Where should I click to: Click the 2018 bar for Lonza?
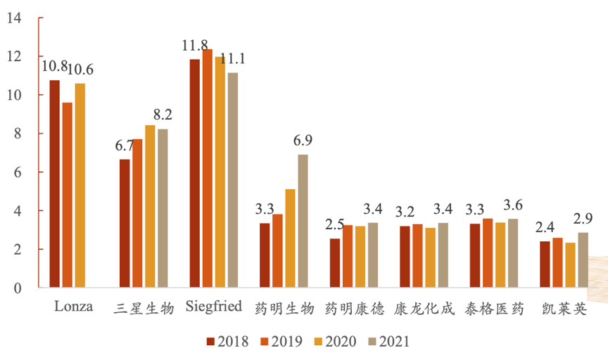click(x=54, y=184)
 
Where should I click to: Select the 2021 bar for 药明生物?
click(x=303, y=221)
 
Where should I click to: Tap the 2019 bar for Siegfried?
click(x=207, y=168)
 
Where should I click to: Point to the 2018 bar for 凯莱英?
click(x=545, y=264)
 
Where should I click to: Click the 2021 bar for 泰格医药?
click(x=513, y=253)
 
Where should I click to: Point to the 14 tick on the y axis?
click(x=13, y=18)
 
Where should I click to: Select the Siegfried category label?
click(x=214, y=307)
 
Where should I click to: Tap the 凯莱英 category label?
click(x=564, y=309)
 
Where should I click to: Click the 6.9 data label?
click(x=303, y=141)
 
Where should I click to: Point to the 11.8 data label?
click(x=194, y=46)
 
